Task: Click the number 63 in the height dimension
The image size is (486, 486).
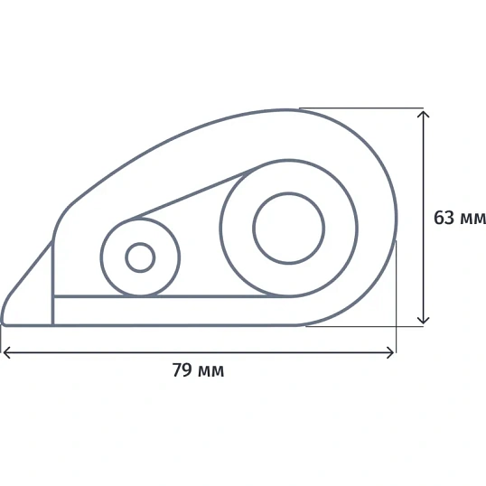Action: [444, 218]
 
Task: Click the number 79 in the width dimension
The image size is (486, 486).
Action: [182, 369]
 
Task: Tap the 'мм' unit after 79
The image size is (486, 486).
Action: [210, 371]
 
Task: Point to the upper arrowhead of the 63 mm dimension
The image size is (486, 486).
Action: [423, 114]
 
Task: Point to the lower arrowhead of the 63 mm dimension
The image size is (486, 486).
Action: [423, 321]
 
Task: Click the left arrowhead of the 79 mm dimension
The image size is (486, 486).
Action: [6, 352]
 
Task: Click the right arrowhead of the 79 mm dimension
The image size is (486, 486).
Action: [390, 352]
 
